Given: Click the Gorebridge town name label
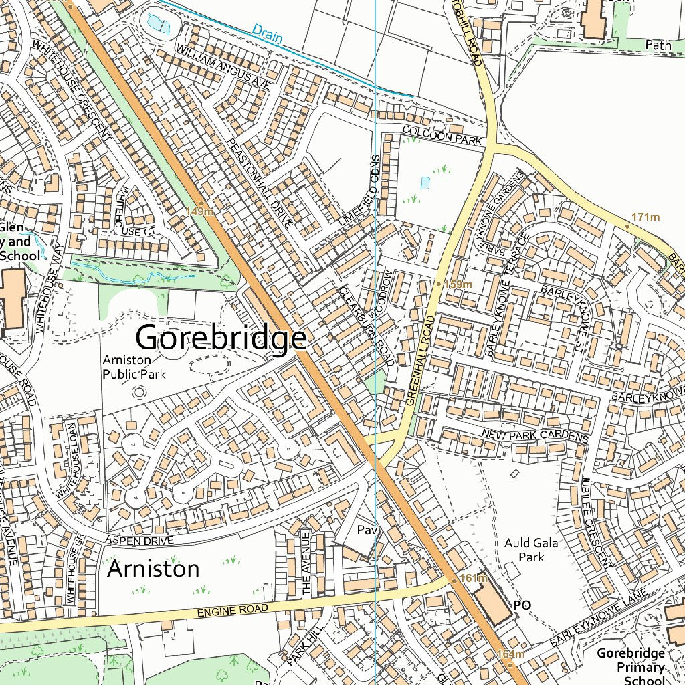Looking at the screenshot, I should point(221,338).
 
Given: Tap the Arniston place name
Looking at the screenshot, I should point(153,569).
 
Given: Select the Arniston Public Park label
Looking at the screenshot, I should point(134,367).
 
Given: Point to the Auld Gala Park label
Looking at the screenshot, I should point(532,550).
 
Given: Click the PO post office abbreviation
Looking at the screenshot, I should point(522,605).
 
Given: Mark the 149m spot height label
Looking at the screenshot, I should point(200,211).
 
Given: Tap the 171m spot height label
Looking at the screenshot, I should point(645,217).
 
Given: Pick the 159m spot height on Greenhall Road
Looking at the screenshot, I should point(458,284).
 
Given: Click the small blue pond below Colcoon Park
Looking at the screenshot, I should point(425,181).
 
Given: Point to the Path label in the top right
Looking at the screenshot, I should point(658,45).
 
